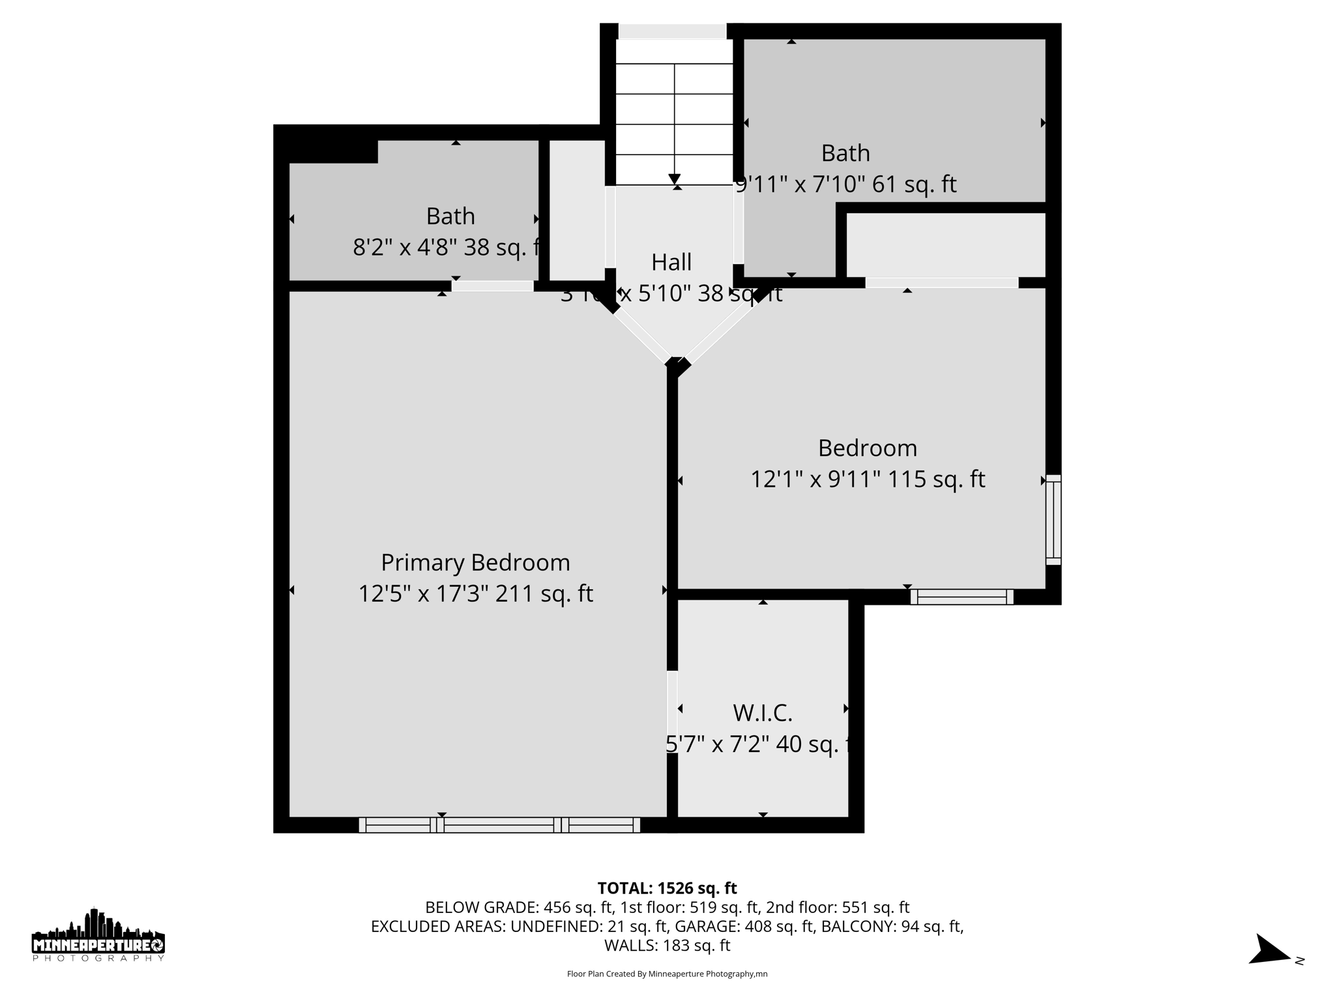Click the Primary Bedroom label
click(x=475, y=562)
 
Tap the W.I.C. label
click(x=762, y=713)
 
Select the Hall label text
click(x=671, y=263)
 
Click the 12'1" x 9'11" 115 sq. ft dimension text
click(x=867, y=480)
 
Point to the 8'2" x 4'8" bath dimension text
click(x=447, y=248)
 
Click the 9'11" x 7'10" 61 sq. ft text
click(x=845, y=184)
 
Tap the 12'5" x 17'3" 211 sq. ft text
click(x=475, y=594)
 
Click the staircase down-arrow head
click(x=675, y=179)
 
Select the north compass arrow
click(x=1269, y=951)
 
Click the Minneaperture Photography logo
click(x=98, y=936)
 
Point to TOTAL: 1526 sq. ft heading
click(x=667, y=888)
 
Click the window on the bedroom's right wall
click(x=1053, y=520)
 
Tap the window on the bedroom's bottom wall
click(x=961, y=597)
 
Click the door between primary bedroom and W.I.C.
click(x=672, y=712)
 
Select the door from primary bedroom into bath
click(x=493, y=286)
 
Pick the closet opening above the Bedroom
click(x=941, y=283)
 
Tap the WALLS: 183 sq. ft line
click(x=667, y=945)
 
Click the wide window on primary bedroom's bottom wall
click(x=499, y=825)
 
